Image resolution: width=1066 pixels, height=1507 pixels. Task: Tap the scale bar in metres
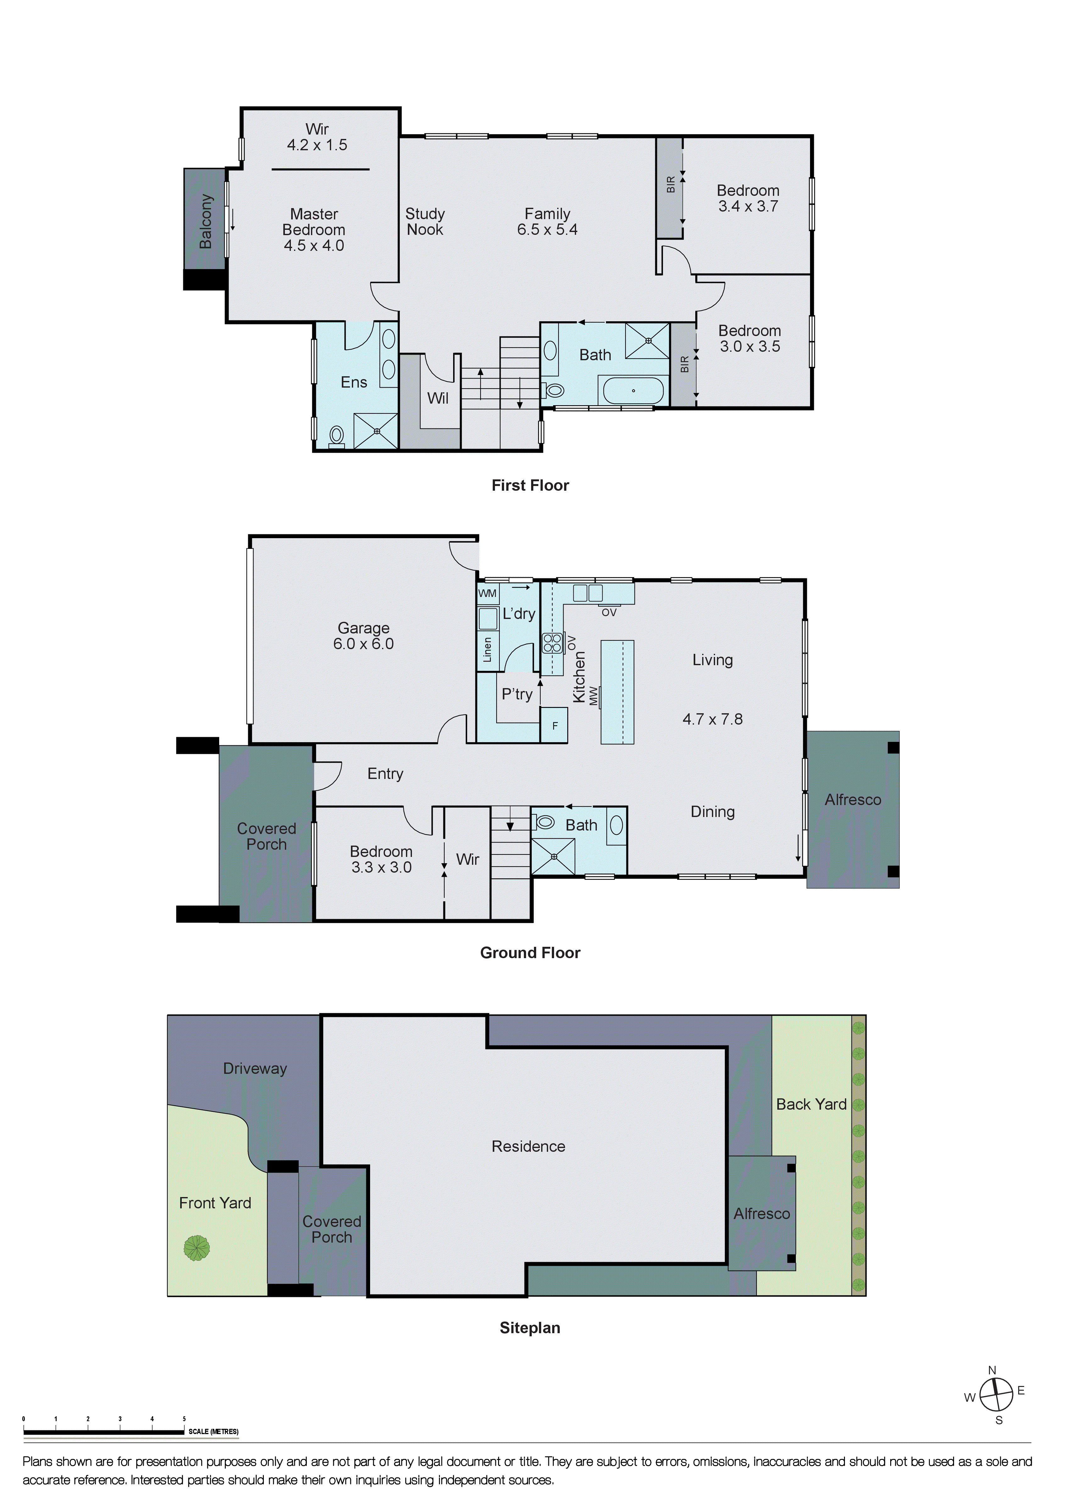click(104, 1432)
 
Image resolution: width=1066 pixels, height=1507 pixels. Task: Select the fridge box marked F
click(555, 726)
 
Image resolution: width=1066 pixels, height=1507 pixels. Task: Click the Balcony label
click(205, 221)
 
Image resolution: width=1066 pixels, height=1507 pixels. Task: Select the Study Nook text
click(425, 222)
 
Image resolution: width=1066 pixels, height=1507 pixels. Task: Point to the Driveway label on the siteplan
click(255, 1068)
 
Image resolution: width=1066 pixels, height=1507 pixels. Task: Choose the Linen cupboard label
click(487, 649)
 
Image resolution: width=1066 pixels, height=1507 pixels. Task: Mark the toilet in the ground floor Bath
click(545, 822)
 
